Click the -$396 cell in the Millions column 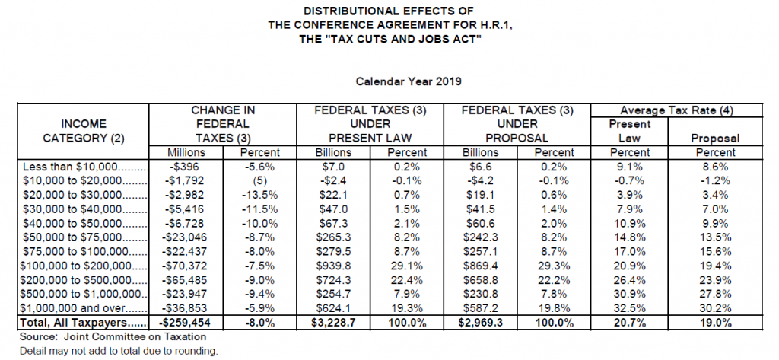tap(186, 167)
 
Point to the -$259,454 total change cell tap(186, 323)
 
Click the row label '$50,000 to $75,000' tap(76, 237)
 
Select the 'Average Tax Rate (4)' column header tap(676, 111)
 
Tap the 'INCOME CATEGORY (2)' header tap(84, 131)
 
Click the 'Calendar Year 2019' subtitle tap(409, 81)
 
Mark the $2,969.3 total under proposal tap(480, 323)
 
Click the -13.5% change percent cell tap(259, 196)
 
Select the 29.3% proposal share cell tap(554, 266)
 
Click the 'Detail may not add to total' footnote tap(119, 351)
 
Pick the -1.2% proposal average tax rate tap(717, 181)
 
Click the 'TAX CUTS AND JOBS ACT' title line tap(390, 39)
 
